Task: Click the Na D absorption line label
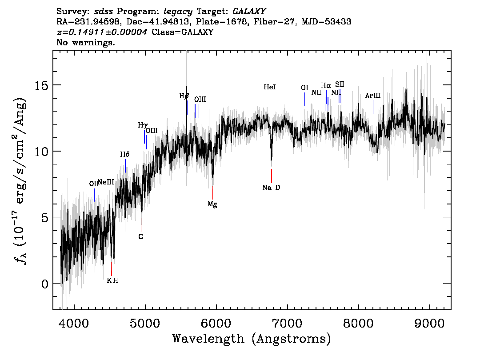[271, 188]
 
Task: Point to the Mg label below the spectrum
[212, 204]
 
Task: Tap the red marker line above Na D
[271, 176]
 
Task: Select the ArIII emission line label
[372, 96]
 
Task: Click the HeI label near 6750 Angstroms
[269, 88]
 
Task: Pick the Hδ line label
[125, 155]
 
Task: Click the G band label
[141, 236]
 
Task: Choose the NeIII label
[106, 182]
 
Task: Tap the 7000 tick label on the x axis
[287, 321]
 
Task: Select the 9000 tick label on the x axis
[429, 321]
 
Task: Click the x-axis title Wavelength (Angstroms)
[252, 339]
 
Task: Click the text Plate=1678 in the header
[221, 22]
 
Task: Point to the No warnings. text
[86, 43]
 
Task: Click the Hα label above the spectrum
[326, 86]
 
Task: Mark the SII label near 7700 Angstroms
[340, 84]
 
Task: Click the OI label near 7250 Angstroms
[304, 88]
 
